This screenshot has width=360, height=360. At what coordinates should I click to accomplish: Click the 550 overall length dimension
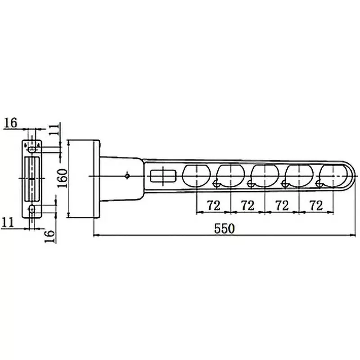[x=225, y=228]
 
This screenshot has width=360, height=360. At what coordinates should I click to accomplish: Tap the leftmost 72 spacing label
[x=213, y=206]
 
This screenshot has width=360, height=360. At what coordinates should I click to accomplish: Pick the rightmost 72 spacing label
[x=316, y=206]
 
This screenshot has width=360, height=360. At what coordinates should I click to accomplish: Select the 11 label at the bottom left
[x=8, y=221]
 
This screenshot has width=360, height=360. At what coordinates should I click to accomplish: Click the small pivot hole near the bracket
[x=128, y=175]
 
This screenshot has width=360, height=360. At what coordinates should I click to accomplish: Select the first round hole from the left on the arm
[x=196, y=175]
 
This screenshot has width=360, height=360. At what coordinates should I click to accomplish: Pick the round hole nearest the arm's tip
[x=333, y=175]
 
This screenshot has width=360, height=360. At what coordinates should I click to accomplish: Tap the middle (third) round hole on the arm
[x=265, y=175]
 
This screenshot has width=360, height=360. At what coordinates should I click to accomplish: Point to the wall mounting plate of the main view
[x=84, y=179]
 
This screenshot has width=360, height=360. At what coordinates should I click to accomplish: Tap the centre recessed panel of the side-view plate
[x=32, y=179]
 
